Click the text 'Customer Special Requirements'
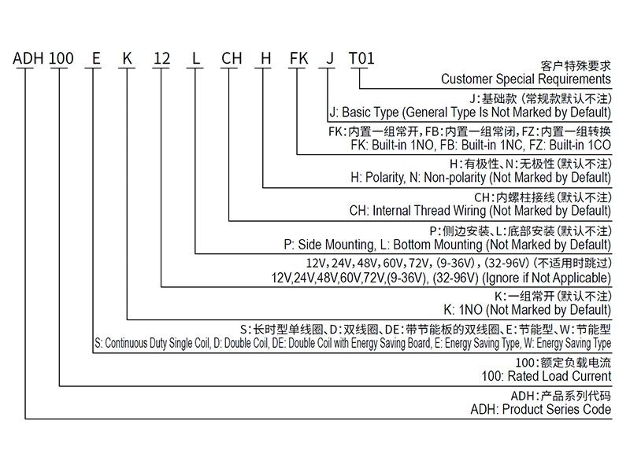coord(525,79)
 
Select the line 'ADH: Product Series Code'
coord(539,409)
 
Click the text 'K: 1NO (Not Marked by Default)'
coord(527,310)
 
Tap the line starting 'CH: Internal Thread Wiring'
coord(480,211)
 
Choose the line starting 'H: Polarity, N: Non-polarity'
coord(480,178)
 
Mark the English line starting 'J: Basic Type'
coord(469,112)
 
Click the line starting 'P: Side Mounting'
coord(447,244)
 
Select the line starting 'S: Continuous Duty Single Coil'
coord(352,343)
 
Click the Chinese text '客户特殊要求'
coord(576,65)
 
